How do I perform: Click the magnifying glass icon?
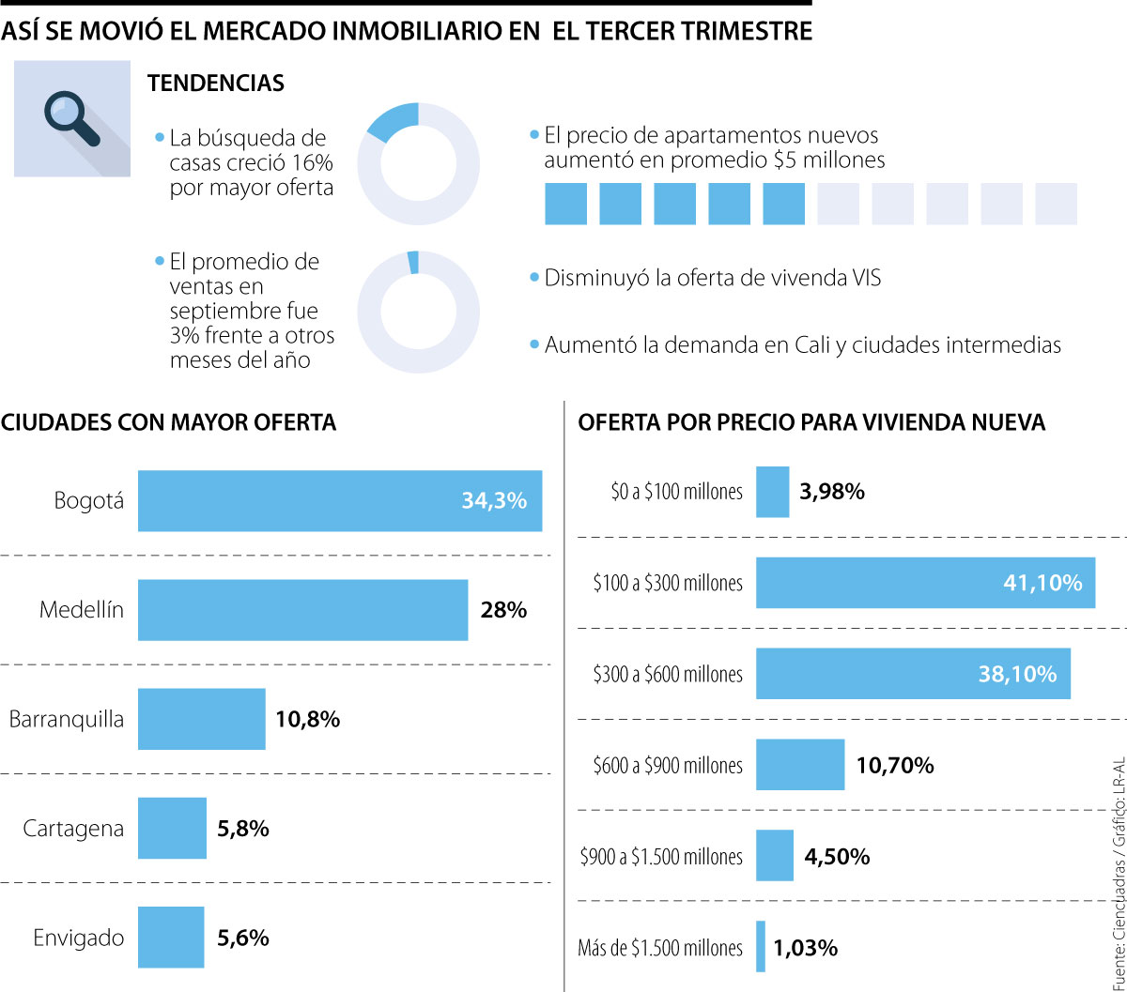(71, 117)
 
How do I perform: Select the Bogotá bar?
(339, 501)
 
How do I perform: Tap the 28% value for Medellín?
(503, 610)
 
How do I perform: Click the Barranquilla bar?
(201, 719)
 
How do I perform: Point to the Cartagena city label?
(73, 829)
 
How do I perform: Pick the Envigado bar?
(171, 937)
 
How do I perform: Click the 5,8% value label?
(243, 829)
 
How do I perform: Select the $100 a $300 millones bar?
(925, 583)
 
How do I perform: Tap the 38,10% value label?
(1017, 674)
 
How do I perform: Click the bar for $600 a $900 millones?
(800, 765)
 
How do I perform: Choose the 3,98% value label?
(832, 492)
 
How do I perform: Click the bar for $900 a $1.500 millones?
(775, 856)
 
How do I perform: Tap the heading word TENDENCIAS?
(216, 83)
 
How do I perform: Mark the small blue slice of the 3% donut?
(413, 262)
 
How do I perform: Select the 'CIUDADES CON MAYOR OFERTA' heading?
(169, 422)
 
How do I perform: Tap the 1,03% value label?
(806, 948)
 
